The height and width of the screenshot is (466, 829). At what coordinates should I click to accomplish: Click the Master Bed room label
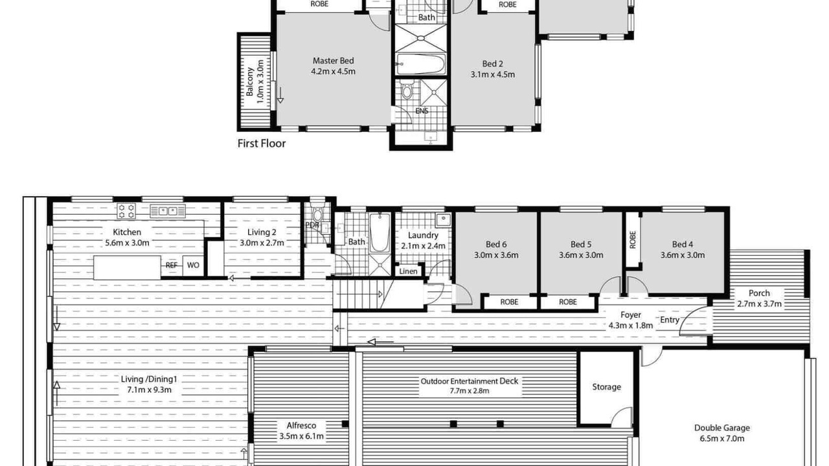point(333,61)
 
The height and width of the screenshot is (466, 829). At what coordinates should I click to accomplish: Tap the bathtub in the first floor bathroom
point(421,65)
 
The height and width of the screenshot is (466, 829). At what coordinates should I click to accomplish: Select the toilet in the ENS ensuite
point(407,89)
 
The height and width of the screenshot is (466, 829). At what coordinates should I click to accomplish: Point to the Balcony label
point(250,82)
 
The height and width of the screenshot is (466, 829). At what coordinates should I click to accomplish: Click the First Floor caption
point(261,144)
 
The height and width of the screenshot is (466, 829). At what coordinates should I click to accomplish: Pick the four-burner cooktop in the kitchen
point(126,211)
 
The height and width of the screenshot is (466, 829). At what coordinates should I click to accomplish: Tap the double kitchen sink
point(168,211)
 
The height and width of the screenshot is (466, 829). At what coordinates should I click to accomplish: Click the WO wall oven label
point(193,265)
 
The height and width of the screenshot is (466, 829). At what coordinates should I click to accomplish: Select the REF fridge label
point(172,265)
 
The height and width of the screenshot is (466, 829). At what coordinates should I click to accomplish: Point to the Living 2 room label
point(262,232)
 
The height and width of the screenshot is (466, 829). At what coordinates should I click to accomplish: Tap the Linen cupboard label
point(408,271)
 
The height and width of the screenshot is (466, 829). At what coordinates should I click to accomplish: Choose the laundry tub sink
point(443,220)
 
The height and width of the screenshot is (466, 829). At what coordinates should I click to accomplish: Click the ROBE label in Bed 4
point(633,239)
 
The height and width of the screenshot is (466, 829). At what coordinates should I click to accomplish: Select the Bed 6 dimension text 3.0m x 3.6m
point(496,255)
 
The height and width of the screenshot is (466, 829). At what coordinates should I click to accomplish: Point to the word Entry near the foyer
point(670,320)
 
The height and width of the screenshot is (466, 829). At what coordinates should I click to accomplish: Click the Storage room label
point(606,387)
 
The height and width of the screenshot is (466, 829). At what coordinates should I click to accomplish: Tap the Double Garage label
point(721,428)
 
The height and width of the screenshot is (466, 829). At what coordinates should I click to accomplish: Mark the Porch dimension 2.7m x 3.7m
point(759,304)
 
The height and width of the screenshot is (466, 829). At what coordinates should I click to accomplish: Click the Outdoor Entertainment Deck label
point(470,381)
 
